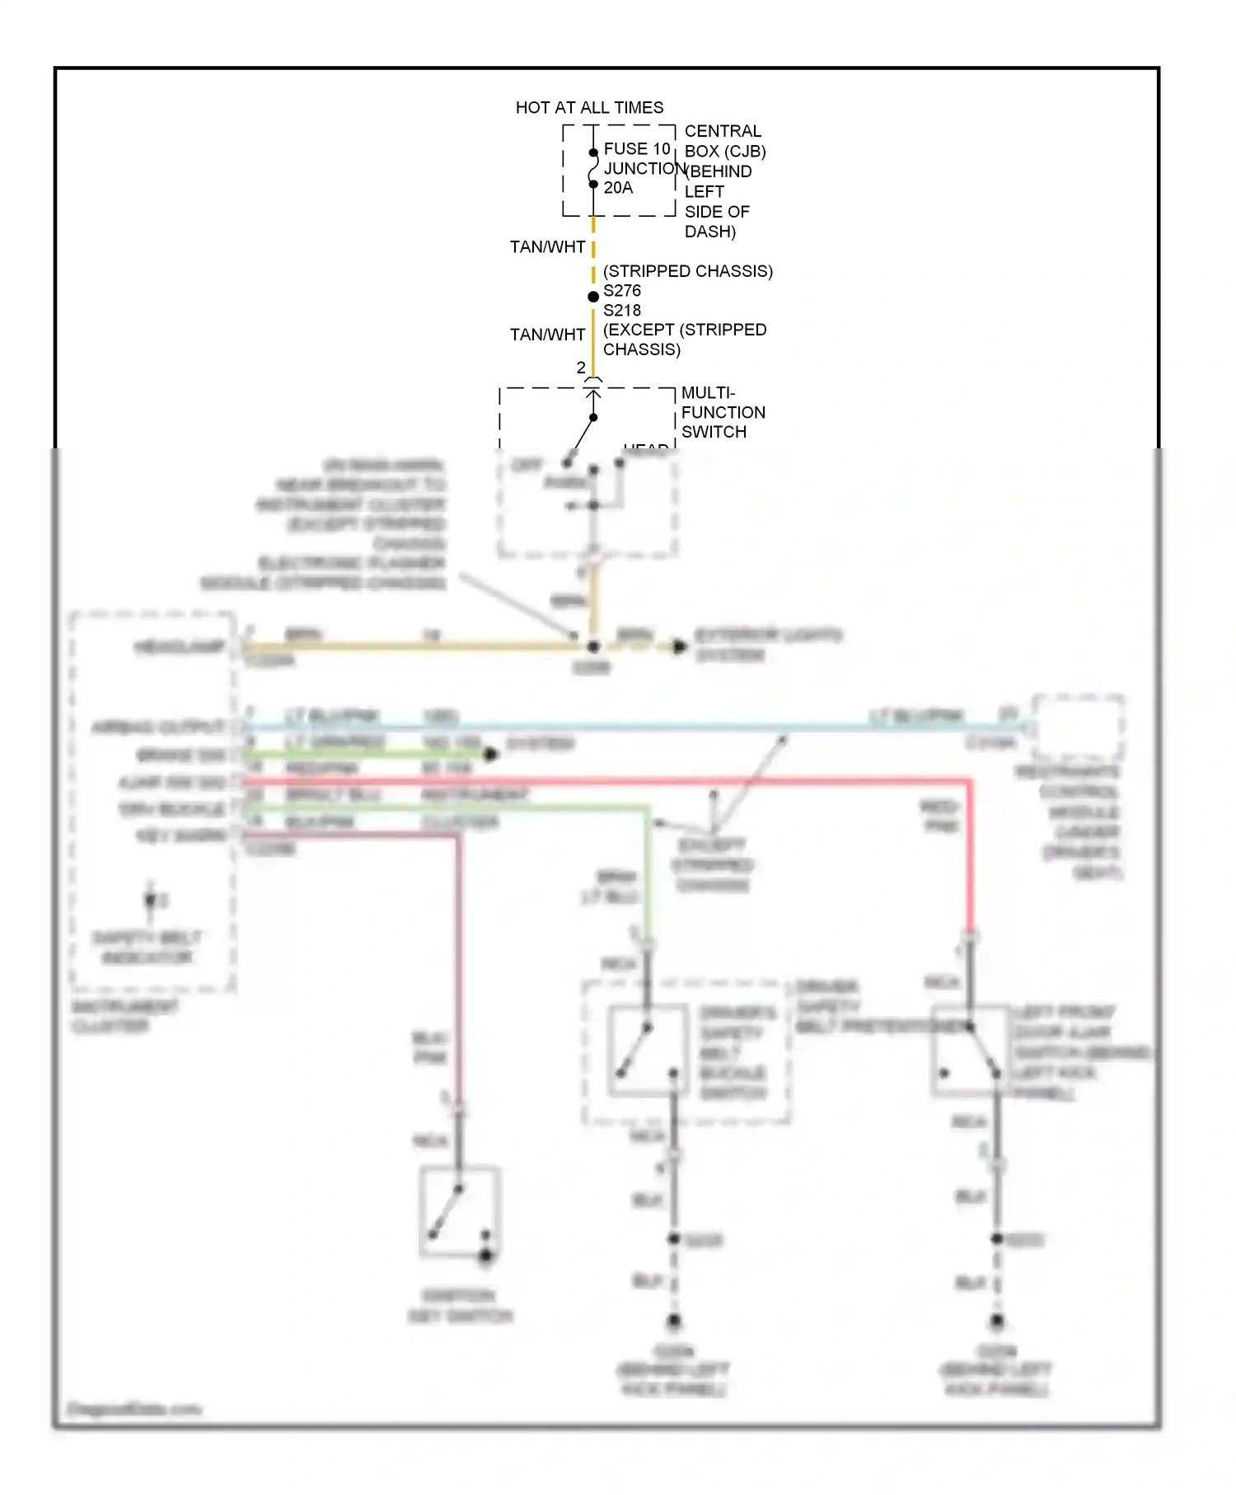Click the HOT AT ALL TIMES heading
coord(589,107)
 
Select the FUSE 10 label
coord(637,148)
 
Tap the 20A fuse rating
coord(618,188)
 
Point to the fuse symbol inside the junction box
coord(593,168)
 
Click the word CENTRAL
coord(723,131)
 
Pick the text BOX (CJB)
coord(725,152)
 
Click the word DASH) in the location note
coord(710,232)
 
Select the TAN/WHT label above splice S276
coord(547,247)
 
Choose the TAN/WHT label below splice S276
coord(547,335)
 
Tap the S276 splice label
coord(622,291)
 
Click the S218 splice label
coord(622,311)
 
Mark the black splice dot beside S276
coord(593,297)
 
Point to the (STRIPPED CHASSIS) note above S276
coord(688,271)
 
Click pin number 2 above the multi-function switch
coord(581,368)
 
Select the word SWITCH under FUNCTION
coord(714,432)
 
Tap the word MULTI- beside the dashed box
coord(708,393)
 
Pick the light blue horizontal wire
coord(577,728)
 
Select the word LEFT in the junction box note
coord(705,191)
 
